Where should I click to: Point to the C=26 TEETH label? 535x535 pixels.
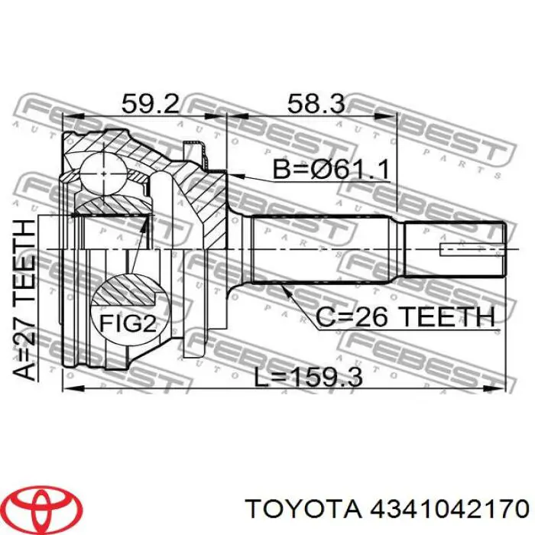point(405,316)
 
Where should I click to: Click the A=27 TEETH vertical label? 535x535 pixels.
point(24,300)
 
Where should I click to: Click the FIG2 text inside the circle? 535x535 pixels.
point(128,323)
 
